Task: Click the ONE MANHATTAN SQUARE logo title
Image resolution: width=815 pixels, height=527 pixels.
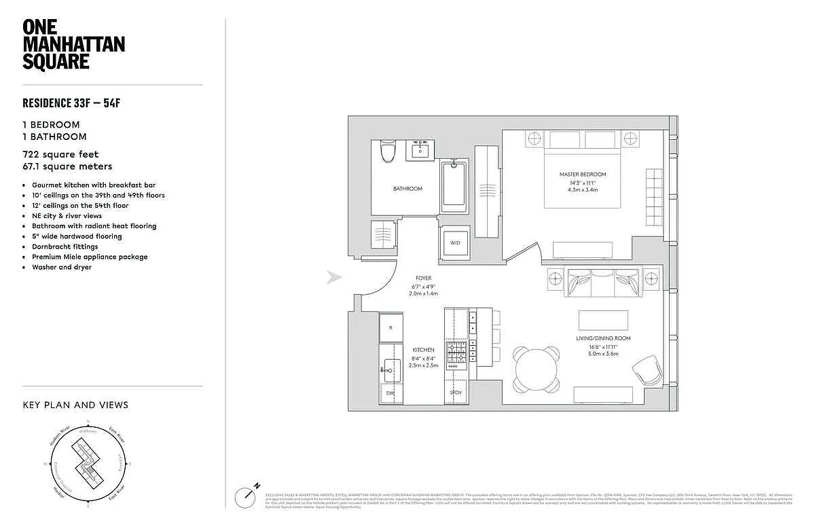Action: tap(73, 44)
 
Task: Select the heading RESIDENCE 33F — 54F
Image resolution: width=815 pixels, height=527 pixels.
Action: tap(75, 103)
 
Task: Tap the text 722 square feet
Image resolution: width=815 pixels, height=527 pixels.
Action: tap(61, 155)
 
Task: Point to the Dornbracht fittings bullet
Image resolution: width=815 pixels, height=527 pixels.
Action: tap(65, 247)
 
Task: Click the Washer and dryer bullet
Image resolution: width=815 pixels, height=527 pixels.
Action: tap(62, 267)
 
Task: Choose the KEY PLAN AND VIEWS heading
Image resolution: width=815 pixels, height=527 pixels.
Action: tap(75, 405)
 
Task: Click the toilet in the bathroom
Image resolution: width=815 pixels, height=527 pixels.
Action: tap(388, 150)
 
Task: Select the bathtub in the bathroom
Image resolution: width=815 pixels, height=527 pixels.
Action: tap(454, 185)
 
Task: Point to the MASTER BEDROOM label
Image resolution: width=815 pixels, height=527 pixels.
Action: tap(583, 175)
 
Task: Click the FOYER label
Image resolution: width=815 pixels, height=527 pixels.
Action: tap(424, 278)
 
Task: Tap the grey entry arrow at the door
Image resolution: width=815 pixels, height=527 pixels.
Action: tap(333, 277)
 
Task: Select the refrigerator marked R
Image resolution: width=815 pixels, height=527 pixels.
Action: tap(391, 327)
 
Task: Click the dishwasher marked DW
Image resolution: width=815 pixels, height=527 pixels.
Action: tap(390, 393)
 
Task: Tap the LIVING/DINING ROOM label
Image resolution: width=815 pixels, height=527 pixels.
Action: tap(603, 338)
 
